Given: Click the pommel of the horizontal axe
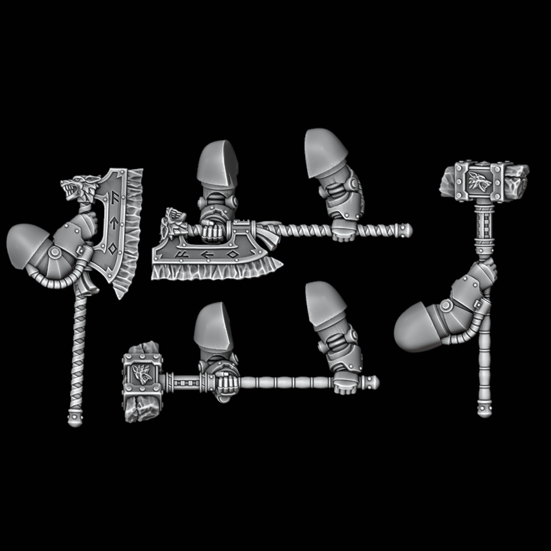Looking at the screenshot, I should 404,229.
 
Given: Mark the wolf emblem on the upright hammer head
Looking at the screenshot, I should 480,180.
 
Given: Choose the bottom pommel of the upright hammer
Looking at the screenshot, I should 484,409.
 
